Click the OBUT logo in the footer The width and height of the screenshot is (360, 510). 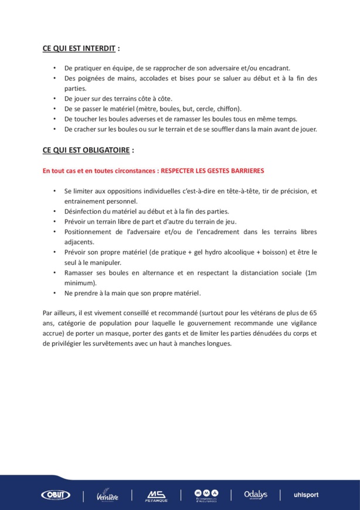pos(56,495)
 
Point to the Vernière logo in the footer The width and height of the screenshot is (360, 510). pos(107,495)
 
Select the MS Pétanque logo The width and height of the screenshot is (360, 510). pos(157,495)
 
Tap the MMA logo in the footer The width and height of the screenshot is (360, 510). pos(206,495)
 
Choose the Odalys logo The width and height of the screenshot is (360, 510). pos(256,494)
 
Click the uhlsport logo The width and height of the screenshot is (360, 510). pos(306,495)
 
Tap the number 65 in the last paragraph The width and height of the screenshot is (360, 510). pos(313,313)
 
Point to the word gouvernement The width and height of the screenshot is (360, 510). pos(213,323)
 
